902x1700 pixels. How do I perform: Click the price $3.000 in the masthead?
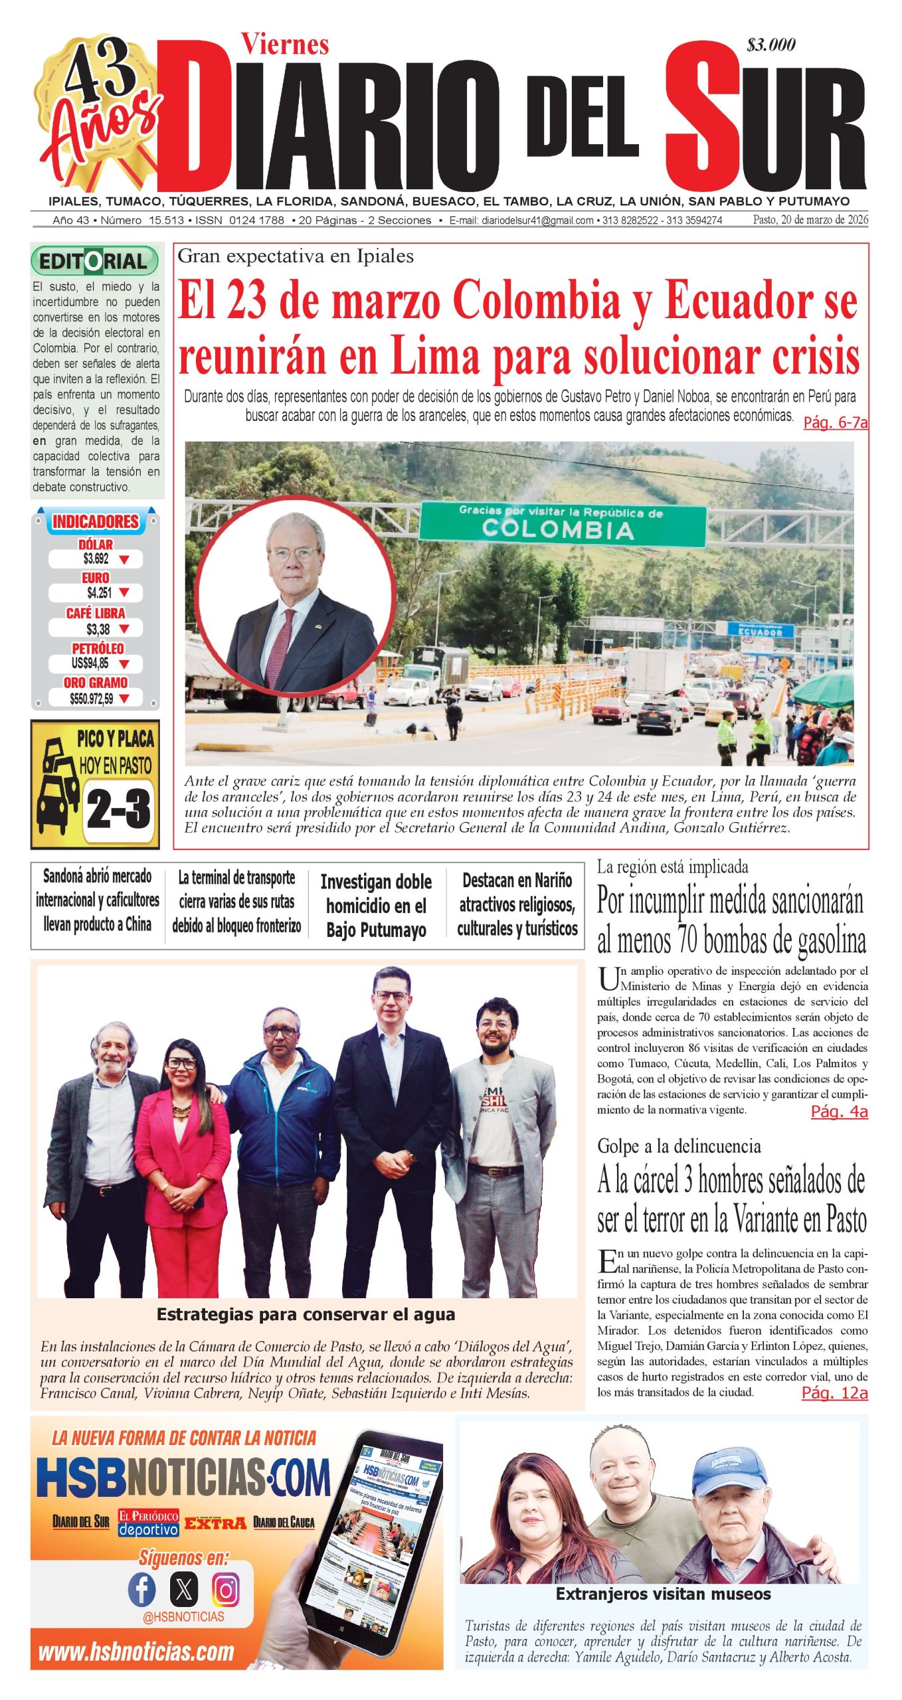pyautogui.click(x=770, y=45)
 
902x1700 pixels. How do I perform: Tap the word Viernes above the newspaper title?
pyautogui.click(x=285, y=44)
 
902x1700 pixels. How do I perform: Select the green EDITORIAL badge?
pyautogui.click(x=94, y=261)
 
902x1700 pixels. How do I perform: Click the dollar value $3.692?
pyautogui.click(x=96, y=559)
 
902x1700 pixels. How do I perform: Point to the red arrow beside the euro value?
pyautogui.click(x=124, y=592)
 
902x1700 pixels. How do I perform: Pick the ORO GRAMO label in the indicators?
pyautogui.click(x=96, y=683)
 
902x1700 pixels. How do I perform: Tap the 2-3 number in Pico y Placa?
pyautogui.click(x=118, y=809)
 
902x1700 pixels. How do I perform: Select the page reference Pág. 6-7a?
pyautogui.click(x=835, y=422)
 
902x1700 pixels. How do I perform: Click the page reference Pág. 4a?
pyautogui.click(x=839, y=1112)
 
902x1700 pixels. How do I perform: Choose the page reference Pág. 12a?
pyautogui.click(x=834, y=1393)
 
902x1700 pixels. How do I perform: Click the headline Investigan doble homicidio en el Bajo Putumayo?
pyautogui.click(x=376, y=906)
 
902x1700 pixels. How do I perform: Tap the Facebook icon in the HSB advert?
pyautogui.click(x=141, y=1590)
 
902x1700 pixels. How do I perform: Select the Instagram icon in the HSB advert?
pyautogui.click(x=226, y=1590)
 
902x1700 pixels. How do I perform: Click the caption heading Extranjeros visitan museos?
pyautogui.click(x=663, y=1594)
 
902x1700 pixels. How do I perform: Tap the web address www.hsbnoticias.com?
pyautogui.click(x=136, y=1652)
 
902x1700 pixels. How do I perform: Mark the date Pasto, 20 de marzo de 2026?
pyautogui.click(x=810, y=220)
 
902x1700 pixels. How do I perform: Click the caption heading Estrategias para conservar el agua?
pyautogui.click(x=306, y=1314)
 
